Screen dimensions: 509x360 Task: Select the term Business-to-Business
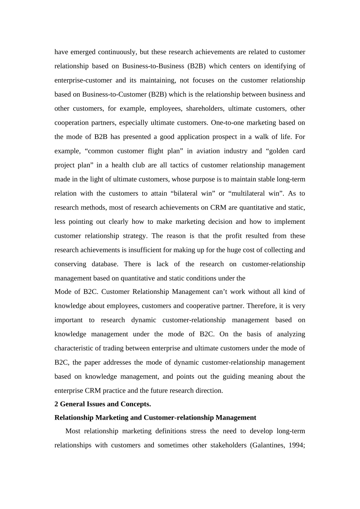[x=153, y=66]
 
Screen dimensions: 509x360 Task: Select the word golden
[x=278, y=151]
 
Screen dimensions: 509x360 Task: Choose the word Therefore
[x=260, y=306]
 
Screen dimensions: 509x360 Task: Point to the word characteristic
[x=74, y=348]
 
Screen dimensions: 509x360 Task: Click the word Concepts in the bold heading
[x=135, y=404]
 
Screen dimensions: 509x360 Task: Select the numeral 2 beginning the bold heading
[x=56, y=404]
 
